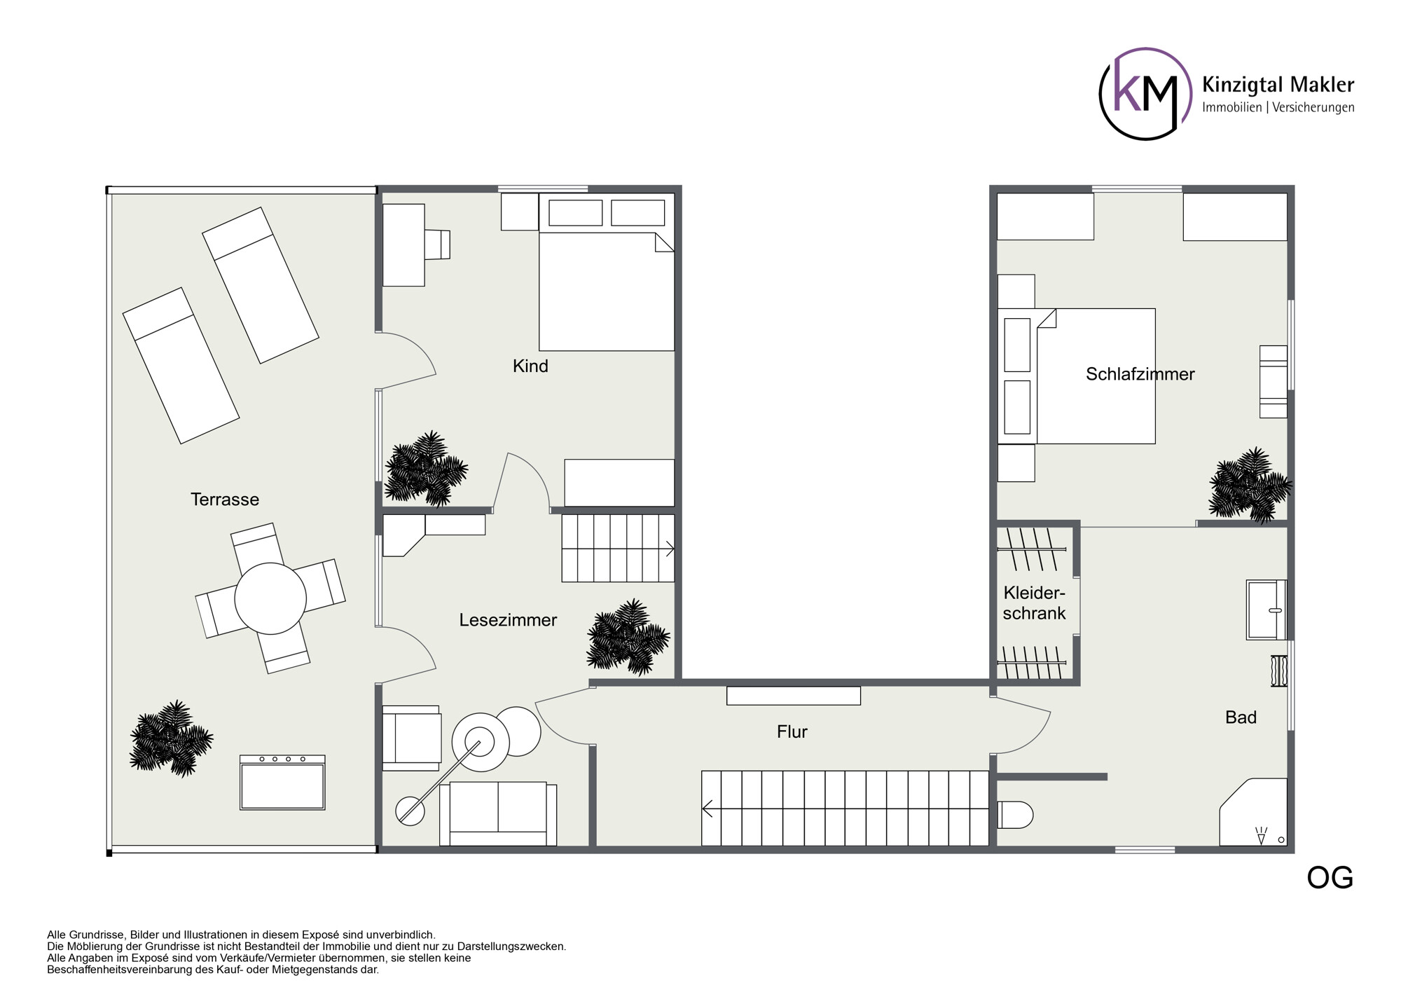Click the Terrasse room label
225,500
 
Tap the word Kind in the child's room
530,366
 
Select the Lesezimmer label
508,620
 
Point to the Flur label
792,731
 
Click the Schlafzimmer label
1140,374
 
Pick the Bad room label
1241,717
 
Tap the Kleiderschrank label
1035,603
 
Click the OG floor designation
1330,878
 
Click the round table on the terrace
270,598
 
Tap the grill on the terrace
282,783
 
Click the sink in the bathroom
1266,610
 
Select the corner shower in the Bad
1253,812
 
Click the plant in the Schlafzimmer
1250,486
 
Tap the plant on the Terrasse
172,738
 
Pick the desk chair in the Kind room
437,245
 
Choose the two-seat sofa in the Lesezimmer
498,813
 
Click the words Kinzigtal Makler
1278,85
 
